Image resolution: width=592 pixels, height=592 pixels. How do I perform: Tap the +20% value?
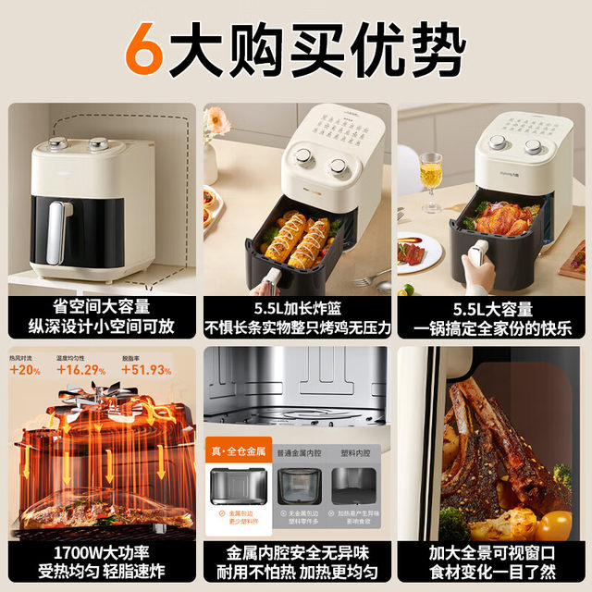click(x=26, y=371)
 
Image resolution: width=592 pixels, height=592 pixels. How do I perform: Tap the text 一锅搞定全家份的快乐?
click(x=490, y=328)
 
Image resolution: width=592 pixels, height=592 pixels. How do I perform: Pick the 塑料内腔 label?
click(x=352, y=453)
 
